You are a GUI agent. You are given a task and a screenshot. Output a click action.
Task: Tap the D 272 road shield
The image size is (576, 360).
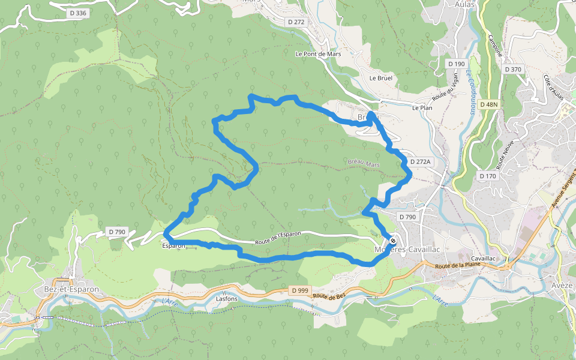click(296, 22)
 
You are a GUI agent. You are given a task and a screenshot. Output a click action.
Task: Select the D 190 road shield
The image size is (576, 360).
click(456, 64)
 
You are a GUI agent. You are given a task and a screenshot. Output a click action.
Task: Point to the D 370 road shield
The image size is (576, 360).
click(513, 70)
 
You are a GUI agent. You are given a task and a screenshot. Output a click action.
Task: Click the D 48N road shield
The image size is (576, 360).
click(489, 104)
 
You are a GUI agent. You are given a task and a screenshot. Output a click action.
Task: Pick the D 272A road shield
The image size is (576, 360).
click(421, 162)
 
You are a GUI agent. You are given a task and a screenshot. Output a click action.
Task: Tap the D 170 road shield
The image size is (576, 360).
click(488, 176)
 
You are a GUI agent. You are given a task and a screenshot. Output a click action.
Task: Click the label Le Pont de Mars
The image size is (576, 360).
click(318, 53)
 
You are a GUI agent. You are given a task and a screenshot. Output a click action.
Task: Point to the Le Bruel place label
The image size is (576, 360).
click(380, 78)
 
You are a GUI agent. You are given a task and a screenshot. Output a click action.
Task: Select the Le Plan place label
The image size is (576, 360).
click(422, 108)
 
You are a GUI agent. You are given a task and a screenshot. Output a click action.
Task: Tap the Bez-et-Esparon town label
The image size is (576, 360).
click(71, 289)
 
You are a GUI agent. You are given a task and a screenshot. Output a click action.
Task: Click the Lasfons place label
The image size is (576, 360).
click(226, 298)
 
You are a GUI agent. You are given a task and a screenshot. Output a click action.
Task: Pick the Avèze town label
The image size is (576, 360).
click(563, 286)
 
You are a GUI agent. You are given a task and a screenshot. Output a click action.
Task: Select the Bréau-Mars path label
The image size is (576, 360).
click(364, 163)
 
